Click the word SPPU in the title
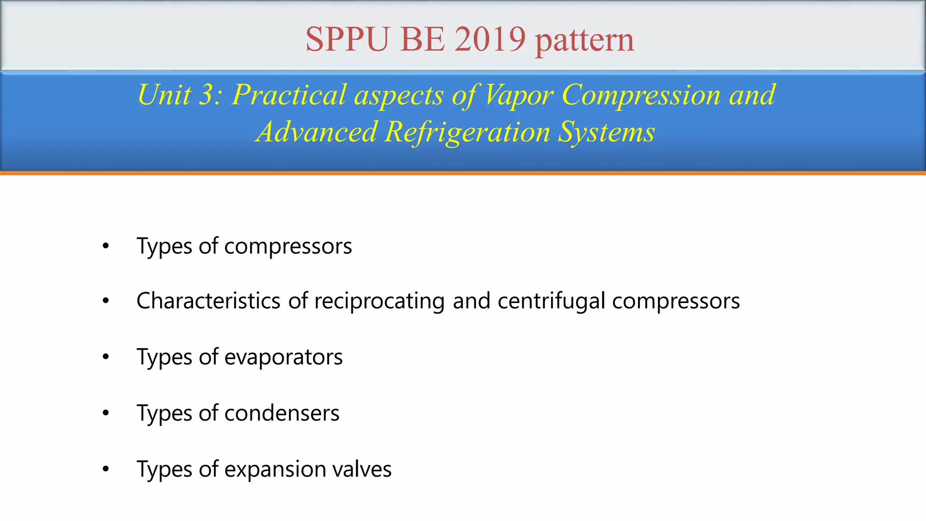pyautogui.click(x=347, y=39)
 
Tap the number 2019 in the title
pyautogui.click(x=490, y=39)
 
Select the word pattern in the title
pyautogui.click(x=585, y=41)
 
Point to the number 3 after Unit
pyautogui.click(x=207, y=95)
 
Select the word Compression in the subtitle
pyautogui.click(x=641, y=95)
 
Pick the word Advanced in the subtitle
pyautogui.click(x=317, y=132)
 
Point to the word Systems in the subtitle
pyautogui.click(x=606, y=132)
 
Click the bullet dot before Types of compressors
pyautogui.click(x=106, y=246)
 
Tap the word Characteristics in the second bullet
pyautogui.click(x=208, y=301)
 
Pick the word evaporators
pyautogui.click(x=283, y=357)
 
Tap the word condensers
pyautogui.click(x=282, y=413)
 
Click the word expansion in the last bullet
pyautogui.click(x=274, y=469)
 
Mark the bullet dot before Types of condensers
pyautogui.click(x=106, y=413)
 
